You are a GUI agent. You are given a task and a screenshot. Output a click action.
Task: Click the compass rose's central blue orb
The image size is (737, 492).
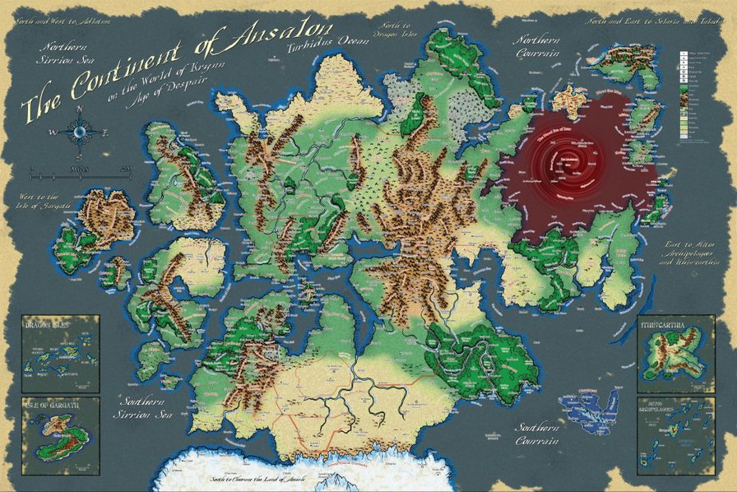click(80, 131)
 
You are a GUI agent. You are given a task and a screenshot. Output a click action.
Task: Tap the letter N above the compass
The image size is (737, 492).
click(80, 108)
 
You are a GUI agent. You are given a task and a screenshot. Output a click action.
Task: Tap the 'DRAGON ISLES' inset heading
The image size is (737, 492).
click(48, 326)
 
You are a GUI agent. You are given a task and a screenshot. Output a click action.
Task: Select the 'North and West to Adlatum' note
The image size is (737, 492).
click(58, 16)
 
